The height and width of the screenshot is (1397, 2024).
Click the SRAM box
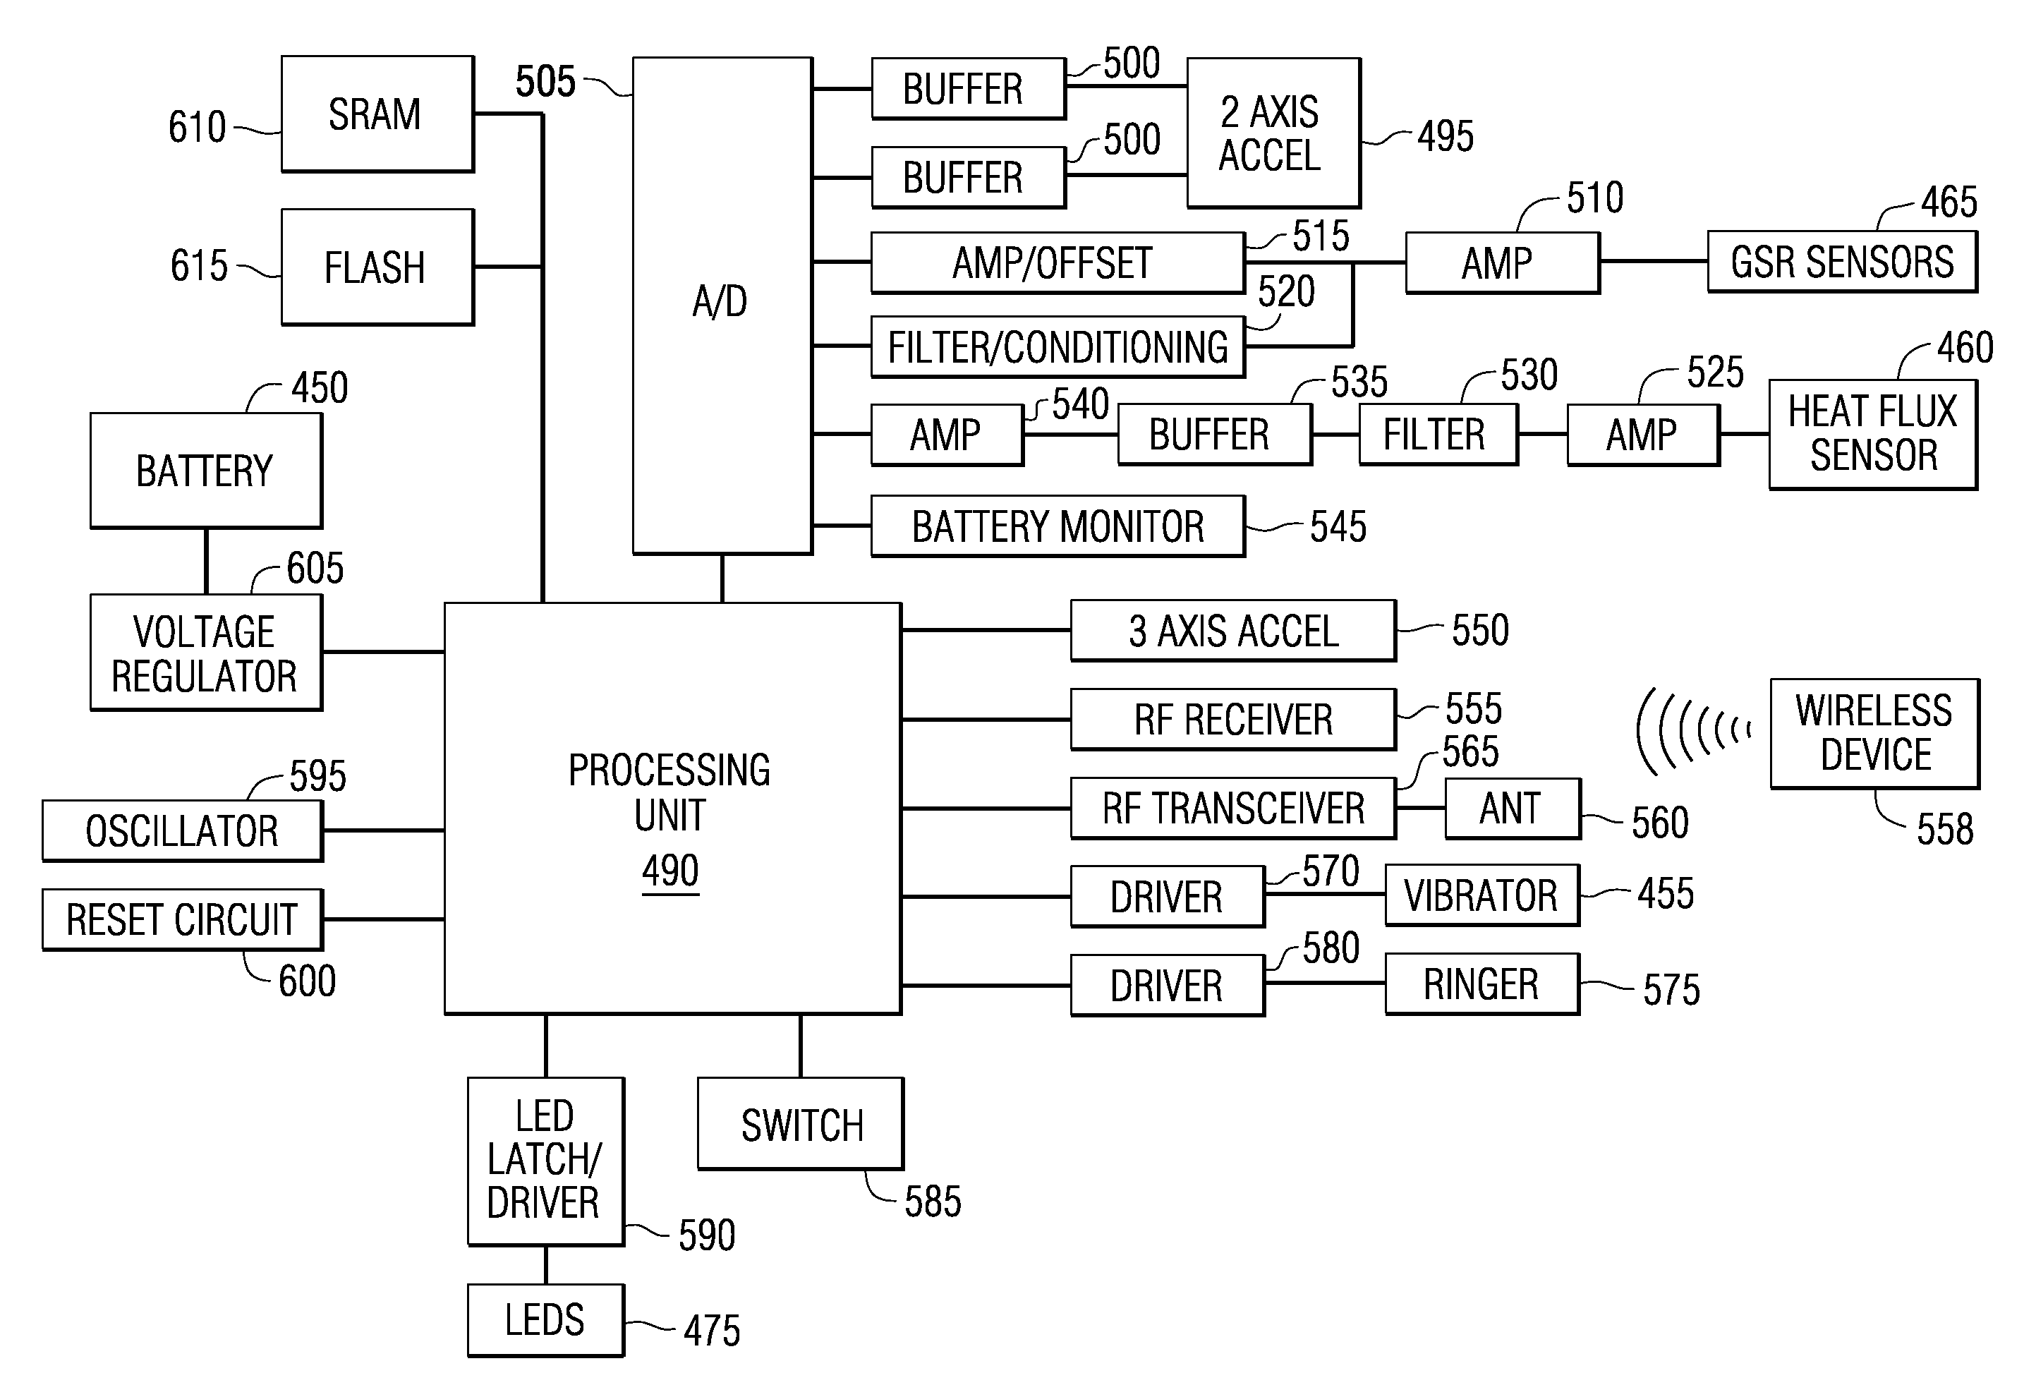[x=377, y=114]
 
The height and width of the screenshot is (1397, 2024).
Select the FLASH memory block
[x=377, y=267]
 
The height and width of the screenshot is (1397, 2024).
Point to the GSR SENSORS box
[x=1841, y=262]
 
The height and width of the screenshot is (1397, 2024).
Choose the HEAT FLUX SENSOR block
[x=1872, y=434]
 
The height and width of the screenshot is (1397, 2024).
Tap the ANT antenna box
[x=1511, y=808]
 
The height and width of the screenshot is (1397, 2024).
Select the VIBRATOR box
[x=1481, y=895]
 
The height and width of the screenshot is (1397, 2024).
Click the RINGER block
[x=1481, y=984]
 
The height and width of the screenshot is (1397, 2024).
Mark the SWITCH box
[x=800, y=1124]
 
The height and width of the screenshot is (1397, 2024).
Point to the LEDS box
[x=545, y=1320]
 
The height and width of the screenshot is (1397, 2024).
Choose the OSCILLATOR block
[x=182, y=830]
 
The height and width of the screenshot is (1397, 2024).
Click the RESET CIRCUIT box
[x=182, y=919]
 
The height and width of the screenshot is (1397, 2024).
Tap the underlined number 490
[x=670, y=871]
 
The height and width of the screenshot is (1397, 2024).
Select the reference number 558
[x=1944, y=829]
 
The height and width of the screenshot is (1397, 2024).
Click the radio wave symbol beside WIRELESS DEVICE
[x=1693, y=731]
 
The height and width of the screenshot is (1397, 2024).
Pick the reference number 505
[x=545, y=81]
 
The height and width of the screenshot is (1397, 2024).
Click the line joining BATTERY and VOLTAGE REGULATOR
[x=207, y=561]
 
